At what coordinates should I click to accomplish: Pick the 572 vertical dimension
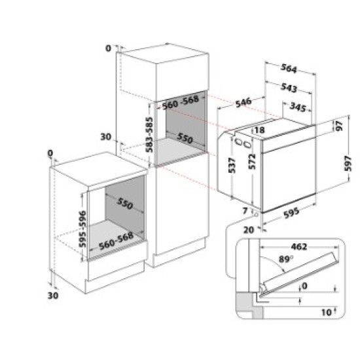click(251, 160)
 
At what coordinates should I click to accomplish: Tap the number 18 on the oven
click(259, 131)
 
